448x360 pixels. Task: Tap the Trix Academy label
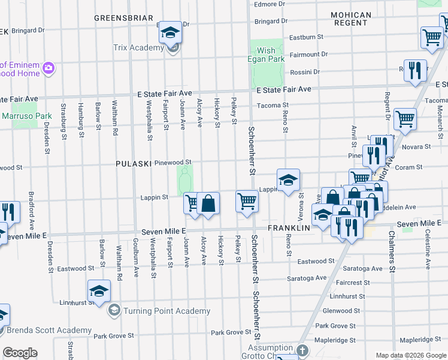click(138, 47)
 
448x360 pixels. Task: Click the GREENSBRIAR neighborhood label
click(123, 19)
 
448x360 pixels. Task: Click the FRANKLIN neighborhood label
click(289, 228)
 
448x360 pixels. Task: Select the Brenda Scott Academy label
click(49, 330)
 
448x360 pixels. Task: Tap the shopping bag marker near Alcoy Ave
click(208, 203)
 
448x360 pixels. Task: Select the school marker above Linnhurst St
click(99, 291)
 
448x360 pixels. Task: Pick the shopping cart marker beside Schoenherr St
click(247, 201)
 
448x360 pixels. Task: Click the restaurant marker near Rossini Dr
click(414, 70)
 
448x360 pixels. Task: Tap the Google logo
click(20, 353)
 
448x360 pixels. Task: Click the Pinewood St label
click(172, 162)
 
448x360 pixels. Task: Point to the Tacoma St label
click(268, 106)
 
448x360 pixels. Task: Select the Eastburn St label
click(305, 37)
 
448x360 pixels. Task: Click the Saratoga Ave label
click(307, 278)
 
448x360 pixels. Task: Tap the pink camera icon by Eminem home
click(48, 69)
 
